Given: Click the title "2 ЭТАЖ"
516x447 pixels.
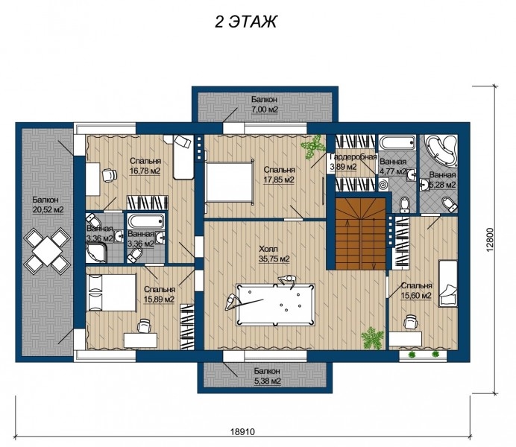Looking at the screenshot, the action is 246,22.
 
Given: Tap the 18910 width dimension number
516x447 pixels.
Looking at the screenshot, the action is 242,431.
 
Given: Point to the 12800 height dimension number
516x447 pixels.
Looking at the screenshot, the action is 491,240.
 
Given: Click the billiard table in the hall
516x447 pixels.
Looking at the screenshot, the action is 275,305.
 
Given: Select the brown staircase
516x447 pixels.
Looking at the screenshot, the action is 360,234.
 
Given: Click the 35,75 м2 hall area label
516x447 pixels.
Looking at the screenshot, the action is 274,259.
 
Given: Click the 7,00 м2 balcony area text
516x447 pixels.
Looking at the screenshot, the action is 265,110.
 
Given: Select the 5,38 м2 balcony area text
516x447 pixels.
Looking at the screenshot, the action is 268,381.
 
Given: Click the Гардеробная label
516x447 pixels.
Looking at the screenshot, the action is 353,156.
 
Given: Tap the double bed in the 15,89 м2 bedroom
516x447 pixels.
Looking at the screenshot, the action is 112,292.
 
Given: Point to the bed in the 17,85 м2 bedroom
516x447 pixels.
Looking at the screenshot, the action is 230,183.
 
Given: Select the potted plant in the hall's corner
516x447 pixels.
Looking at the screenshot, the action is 372,337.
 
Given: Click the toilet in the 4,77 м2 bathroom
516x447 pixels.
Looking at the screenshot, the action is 404,204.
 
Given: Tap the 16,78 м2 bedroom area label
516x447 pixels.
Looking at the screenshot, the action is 145,171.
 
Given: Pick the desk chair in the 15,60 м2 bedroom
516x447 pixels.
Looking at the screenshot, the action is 410,321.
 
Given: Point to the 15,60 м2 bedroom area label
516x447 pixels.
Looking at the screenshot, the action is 416,296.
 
